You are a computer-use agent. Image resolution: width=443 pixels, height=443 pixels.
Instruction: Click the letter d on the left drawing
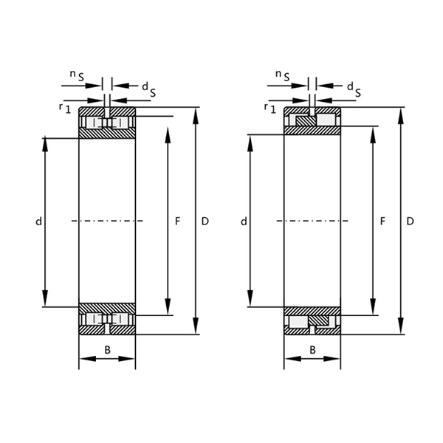[x=38, y=221]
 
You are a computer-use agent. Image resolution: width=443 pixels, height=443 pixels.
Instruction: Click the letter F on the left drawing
[x=177, y=221]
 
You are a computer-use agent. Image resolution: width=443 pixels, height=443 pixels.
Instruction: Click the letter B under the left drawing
[x=108, y=349]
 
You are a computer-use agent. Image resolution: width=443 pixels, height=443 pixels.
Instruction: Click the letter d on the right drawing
[x=244, y=221]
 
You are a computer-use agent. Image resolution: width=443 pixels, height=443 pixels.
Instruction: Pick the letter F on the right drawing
[x=382, y=221]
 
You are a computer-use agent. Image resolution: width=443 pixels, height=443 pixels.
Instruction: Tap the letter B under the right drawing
[x=312, y=349]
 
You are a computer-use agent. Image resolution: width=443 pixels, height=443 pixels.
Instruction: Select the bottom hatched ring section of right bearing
[x=312, y=311]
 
